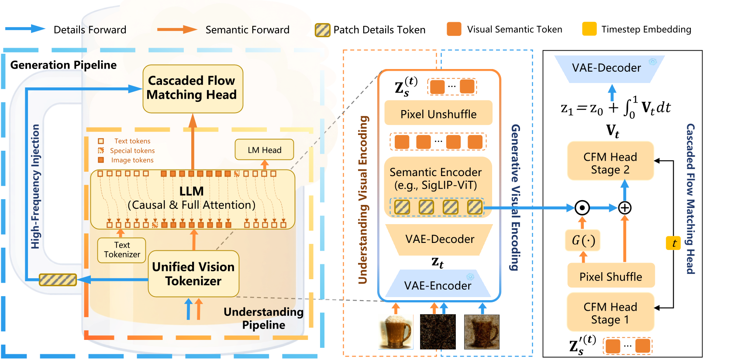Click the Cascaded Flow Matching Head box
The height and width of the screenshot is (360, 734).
point(193,88)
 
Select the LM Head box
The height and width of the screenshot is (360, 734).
point(264,150)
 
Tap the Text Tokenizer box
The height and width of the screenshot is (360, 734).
point(122,250)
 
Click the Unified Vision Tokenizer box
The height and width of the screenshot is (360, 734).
point(193,273)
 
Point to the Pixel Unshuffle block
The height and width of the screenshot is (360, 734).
point(438,114)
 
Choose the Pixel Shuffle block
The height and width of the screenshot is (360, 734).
point(610,276)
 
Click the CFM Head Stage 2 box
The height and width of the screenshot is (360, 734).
point(610,163)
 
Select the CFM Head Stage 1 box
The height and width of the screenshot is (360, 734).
point(610,313)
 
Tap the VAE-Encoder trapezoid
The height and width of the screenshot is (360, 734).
point(438,285)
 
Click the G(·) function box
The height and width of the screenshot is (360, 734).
point(583,240)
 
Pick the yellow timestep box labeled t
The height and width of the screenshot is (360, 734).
point(673,243)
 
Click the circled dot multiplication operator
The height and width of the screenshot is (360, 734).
point(582,208)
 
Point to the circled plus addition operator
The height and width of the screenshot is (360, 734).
point(625,208)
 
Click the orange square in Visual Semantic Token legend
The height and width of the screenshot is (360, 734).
point(454,29)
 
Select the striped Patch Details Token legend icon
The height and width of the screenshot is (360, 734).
point(323,30)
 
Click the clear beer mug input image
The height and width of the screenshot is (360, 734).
point(396,332)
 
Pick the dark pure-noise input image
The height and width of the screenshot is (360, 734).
point(438,332)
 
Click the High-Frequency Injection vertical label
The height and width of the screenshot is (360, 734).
point(35,187)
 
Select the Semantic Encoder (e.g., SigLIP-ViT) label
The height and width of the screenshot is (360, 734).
point(436,178)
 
